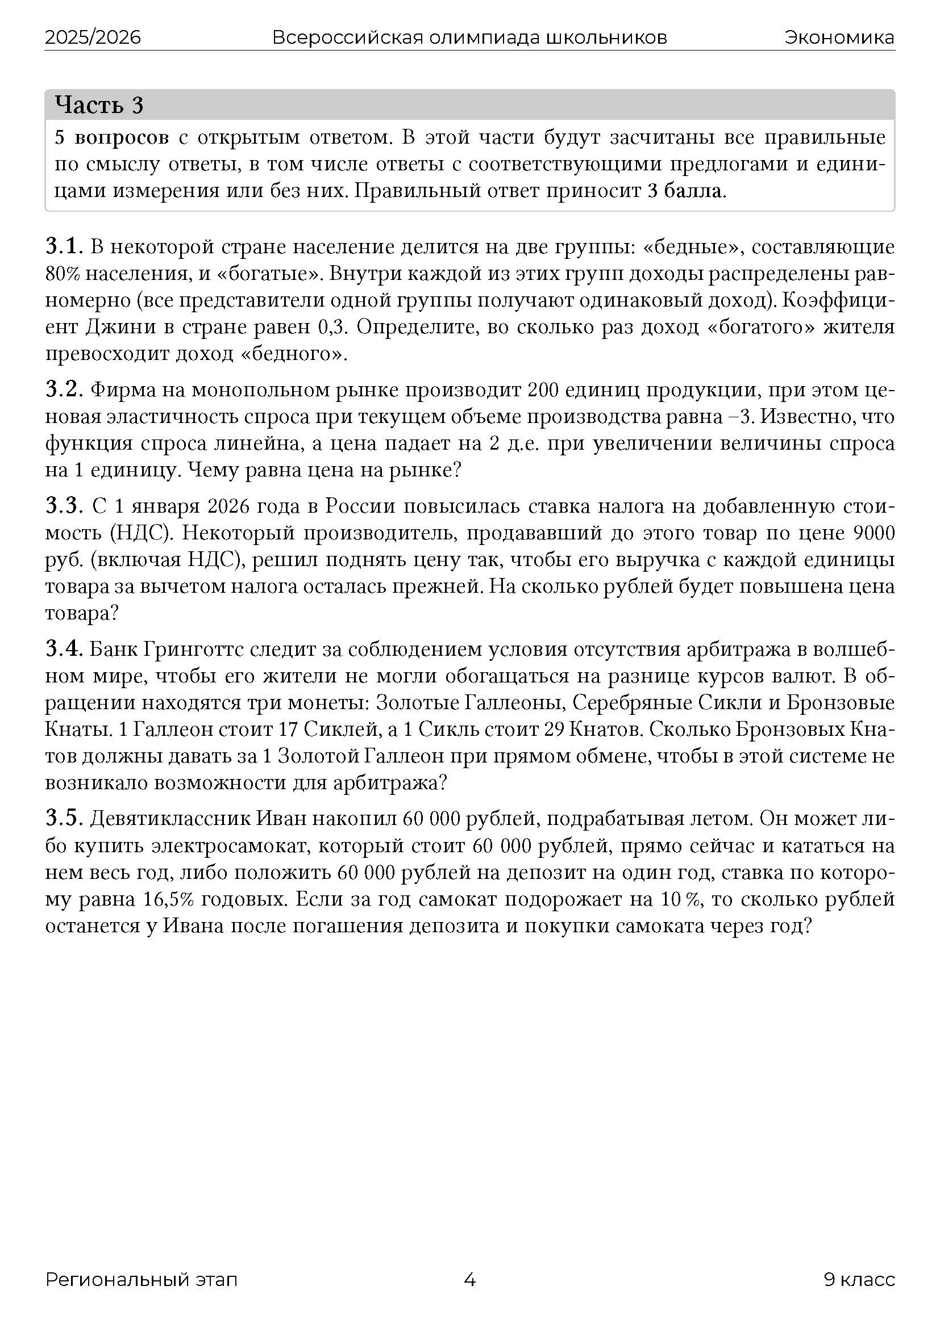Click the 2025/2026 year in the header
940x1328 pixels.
pos(93,37)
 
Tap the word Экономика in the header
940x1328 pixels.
pos(839,37)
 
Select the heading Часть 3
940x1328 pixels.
pos(99,105)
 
